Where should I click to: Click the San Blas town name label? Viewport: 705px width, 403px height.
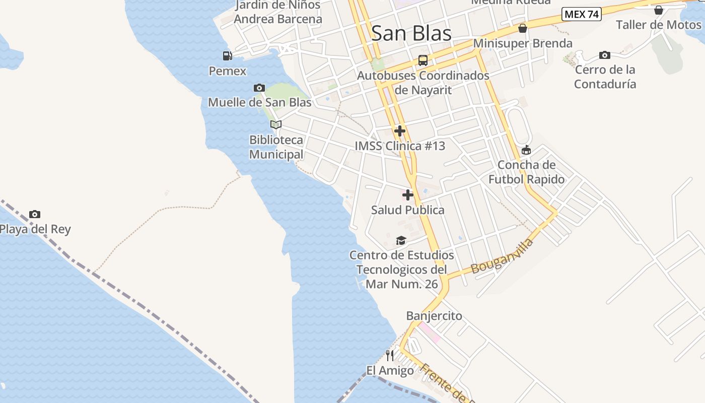tap(411, 33)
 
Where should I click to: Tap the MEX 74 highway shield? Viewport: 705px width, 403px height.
tap(582, 14)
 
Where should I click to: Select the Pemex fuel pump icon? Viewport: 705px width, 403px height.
tap(228, 56)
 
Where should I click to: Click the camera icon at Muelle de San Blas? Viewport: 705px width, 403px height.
tap(259, 88)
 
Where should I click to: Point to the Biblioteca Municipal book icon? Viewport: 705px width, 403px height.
tap(275, 124)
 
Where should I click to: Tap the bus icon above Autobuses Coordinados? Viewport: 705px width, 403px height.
tap(423, 60)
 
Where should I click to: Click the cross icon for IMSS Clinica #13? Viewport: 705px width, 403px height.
tap(400, 131)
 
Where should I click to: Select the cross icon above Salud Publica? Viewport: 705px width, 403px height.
tap(408, 195)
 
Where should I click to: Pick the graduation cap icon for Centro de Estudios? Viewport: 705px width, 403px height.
tap(401, 241)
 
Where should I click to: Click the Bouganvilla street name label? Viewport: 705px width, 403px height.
tap(502, 257)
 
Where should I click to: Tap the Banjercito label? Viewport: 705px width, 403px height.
tap(434, 316)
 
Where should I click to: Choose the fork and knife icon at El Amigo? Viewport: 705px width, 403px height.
tap(390, 356)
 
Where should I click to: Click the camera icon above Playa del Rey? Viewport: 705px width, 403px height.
tap(35, 214)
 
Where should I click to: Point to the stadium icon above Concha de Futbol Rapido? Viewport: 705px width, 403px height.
tap(526, 150)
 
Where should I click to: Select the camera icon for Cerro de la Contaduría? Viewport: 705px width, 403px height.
tap(605, 55)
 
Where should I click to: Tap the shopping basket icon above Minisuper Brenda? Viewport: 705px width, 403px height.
tap(523, 28)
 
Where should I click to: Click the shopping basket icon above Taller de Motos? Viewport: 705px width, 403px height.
tap(659, 10)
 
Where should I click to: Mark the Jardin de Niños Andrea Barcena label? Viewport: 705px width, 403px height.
tap(278, 12)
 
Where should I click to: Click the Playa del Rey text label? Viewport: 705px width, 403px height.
tap(35, 230)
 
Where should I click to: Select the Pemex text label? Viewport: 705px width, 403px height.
tap(228, 71)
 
